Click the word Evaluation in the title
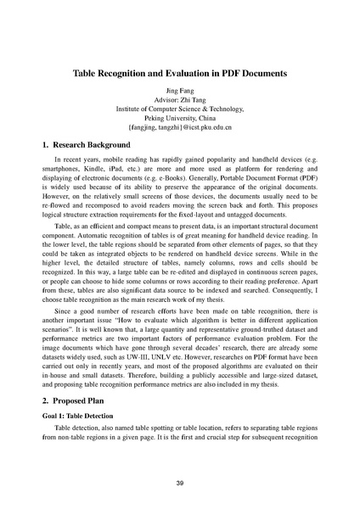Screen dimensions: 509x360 pos(198,74)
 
